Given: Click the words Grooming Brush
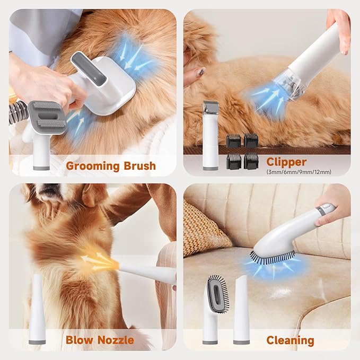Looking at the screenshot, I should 111,166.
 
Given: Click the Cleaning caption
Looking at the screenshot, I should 290,340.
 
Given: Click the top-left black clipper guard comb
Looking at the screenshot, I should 233,141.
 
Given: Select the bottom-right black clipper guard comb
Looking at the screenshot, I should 251,161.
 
